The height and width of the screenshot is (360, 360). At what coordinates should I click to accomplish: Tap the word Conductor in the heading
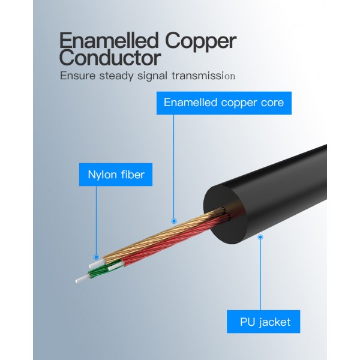click(x=110, y=59)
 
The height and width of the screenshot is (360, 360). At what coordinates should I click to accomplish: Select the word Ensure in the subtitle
click(x=77, y=76)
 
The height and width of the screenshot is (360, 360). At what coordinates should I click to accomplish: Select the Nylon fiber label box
click(x=116, y=176)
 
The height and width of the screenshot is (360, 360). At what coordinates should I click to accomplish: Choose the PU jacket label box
click(x=263, y=322)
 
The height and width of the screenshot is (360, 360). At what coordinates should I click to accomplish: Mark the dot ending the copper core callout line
click(x=174, y=220)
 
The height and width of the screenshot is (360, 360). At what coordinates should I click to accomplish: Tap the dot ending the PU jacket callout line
click(x=260, y=237)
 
